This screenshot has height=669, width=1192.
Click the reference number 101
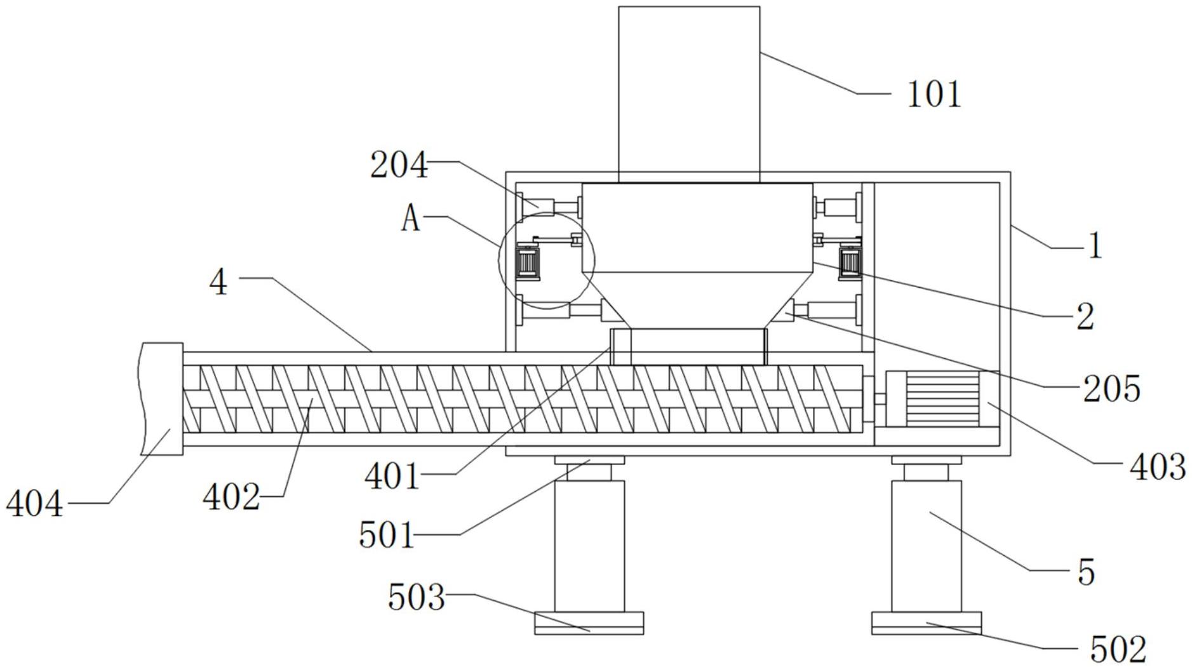click(x=934, y=94)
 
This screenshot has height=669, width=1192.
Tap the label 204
click(x=399, y=166)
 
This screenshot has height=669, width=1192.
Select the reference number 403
click(x=1158, y=468)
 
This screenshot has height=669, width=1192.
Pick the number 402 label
click(x=231, y=497)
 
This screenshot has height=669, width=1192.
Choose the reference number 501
click(x=386, y=534)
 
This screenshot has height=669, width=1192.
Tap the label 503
click(x=417, y=597)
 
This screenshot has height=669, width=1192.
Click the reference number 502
click(x=1118, y=649)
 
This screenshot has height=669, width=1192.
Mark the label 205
click(x=1111, y=388)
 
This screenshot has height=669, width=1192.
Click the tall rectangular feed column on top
click(x=689, y=95)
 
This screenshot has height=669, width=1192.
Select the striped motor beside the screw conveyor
click(x=942, y=398)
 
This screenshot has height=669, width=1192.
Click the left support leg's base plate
click(x=589, y=623)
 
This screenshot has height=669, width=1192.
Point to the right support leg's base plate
click(x=927, y=623)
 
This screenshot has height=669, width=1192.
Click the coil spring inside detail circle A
click(x=528, y=261)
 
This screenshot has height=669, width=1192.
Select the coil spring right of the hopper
click(x=850, y=261)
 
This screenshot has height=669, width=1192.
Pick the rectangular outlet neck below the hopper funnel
click(x=688, y=346)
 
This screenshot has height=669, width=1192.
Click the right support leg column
click(x=927, y=546)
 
